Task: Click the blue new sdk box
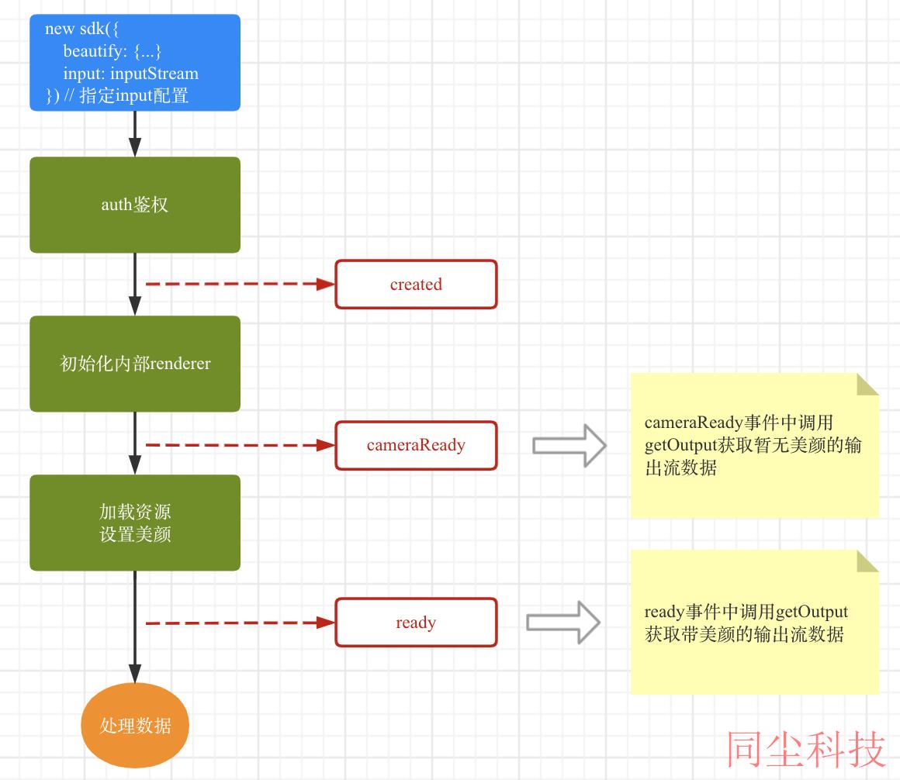[x=135, y=63]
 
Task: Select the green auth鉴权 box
[x=135, y=205]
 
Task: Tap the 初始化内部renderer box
[x=135, y=364]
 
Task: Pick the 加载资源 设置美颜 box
[x=135, y=523]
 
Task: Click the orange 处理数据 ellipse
[x=135, y=726]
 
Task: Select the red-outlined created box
[x=416, y=284]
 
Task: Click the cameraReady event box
[x=416, y=445]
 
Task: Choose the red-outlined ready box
[x=416, y=623]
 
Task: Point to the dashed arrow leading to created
[x=241, y=284]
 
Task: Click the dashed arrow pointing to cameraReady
[x=241, y=445]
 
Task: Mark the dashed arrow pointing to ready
[x=241, y=623]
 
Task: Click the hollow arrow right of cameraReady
[x=569, y=445]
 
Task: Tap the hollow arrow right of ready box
[x=563, y=623]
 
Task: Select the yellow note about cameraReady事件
[x=754, y=446]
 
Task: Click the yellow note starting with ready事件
[x=754, y=623]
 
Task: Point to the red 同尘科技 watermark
[x=805, y=749]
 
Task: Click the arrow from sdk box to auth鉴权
[x=135, y=133]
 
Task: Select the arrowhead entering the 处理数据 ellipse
[x=135, y=674]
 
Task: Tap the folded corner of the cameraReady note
[x=868, y=385]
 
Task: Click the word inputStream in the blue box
[x=154, y=74]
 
